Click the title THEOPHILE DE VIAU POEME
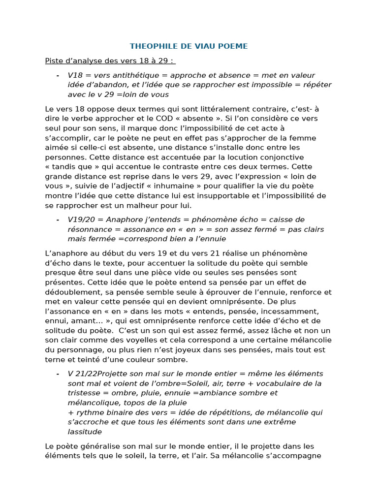click(x=189, y=46)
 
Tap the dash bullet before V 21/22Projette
click(x=58, y=374)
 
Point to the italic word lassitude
click(x=85, y=432)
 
